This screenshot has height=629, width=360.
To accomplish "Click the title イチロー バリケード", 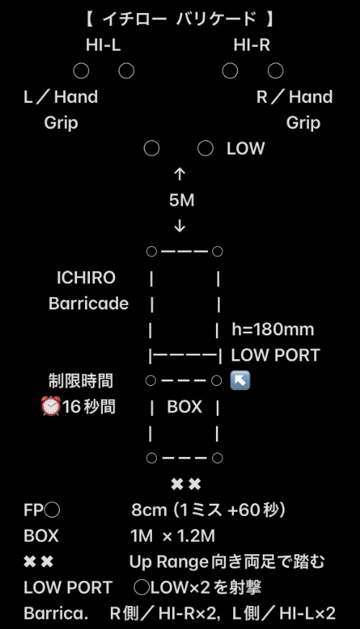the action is point(179,19).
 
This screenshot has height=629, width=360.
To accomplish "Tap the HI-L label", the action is point(103,45).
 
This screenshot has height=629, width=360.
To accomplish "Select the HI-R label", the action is point(251,45).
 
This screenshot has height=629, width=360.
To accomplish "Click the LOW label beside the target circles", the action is point(246,149).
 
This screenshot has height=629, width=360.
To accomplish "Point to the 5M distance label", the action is point(181,200).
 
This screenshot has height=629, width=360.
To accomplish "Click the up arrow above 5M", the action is point(179,174).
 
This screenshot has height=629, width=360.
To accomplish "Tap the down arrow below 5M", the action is point(179,227).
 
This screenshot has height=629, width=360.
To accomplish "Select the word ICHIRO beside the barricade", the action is point(86,278).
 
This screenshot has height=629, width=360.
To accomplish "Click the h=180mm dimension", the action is point(273,330).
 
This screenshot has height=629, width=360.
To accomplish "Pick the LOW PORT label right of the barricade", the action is point(275,355).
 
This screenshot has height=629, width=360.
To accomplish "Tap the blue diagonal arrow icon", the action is point(240,380).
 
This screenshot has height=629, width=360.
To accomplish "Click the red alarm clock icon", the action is point(51,407).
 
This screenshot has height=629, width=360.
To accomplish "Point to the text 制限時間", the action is point(81,381).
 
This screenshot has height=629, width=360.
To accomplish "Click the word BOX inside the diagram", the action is point(184,407).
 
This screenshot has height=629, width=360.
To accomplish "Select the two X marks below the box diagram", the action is point(186,484).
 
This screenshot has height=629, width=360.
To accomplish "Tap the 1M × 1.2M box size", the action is point(173,536).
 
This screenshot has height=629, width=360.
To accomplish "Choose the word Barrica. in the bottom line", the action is point(55,613).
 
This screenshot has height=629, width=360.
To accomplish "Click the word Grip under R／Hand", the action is point(303,123).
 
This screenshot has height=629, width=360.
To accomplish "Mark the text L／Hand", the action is point(60,97).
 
